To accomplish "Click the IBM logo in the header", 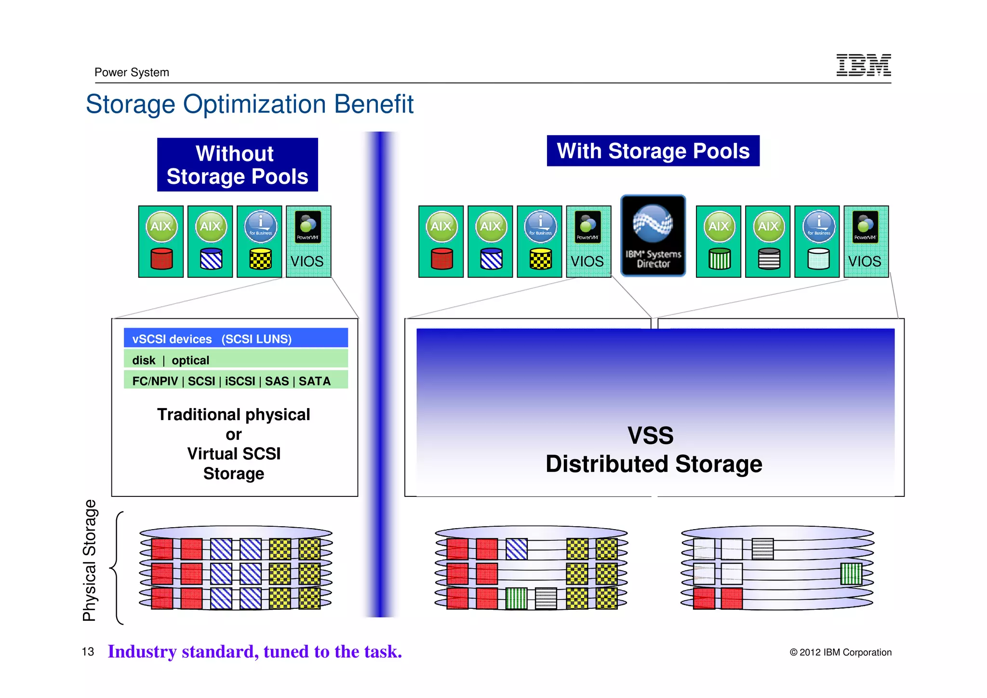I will (863, 65).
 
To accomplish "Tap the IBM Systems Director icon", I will (653, 235).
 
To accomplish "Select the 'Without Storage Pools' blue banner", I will (237, 165).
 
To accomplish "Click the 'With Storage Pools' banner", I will (653, 151).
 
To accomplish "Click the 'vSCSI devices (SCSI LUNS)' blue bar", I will (236, 339).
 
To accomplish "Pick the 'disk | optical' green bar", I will (236, 360).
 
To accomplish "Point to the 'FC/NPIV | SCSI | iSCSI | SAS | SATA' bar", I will (236, 381).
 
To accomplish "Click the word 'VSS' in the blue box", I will (650, 436).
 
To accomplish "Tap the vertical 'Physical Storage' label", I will (90, 561).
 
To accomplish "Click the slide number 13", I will (88, 652).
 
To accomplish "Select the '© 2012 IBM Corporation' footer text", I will (840, 652).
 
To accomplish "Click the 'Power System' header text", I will (132, 72).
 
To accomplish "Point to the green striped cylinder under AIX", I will (719, 259).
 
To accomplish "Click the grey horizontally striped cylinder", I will (769, 259).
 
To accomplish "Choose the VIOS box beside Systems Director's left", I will (588, 241).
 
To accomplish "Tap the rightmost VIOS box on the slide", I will (866, 241).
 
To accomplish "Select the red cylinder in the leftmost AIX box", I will (161, 259).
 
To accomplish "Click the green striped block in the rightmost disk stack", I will (851, 574).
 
